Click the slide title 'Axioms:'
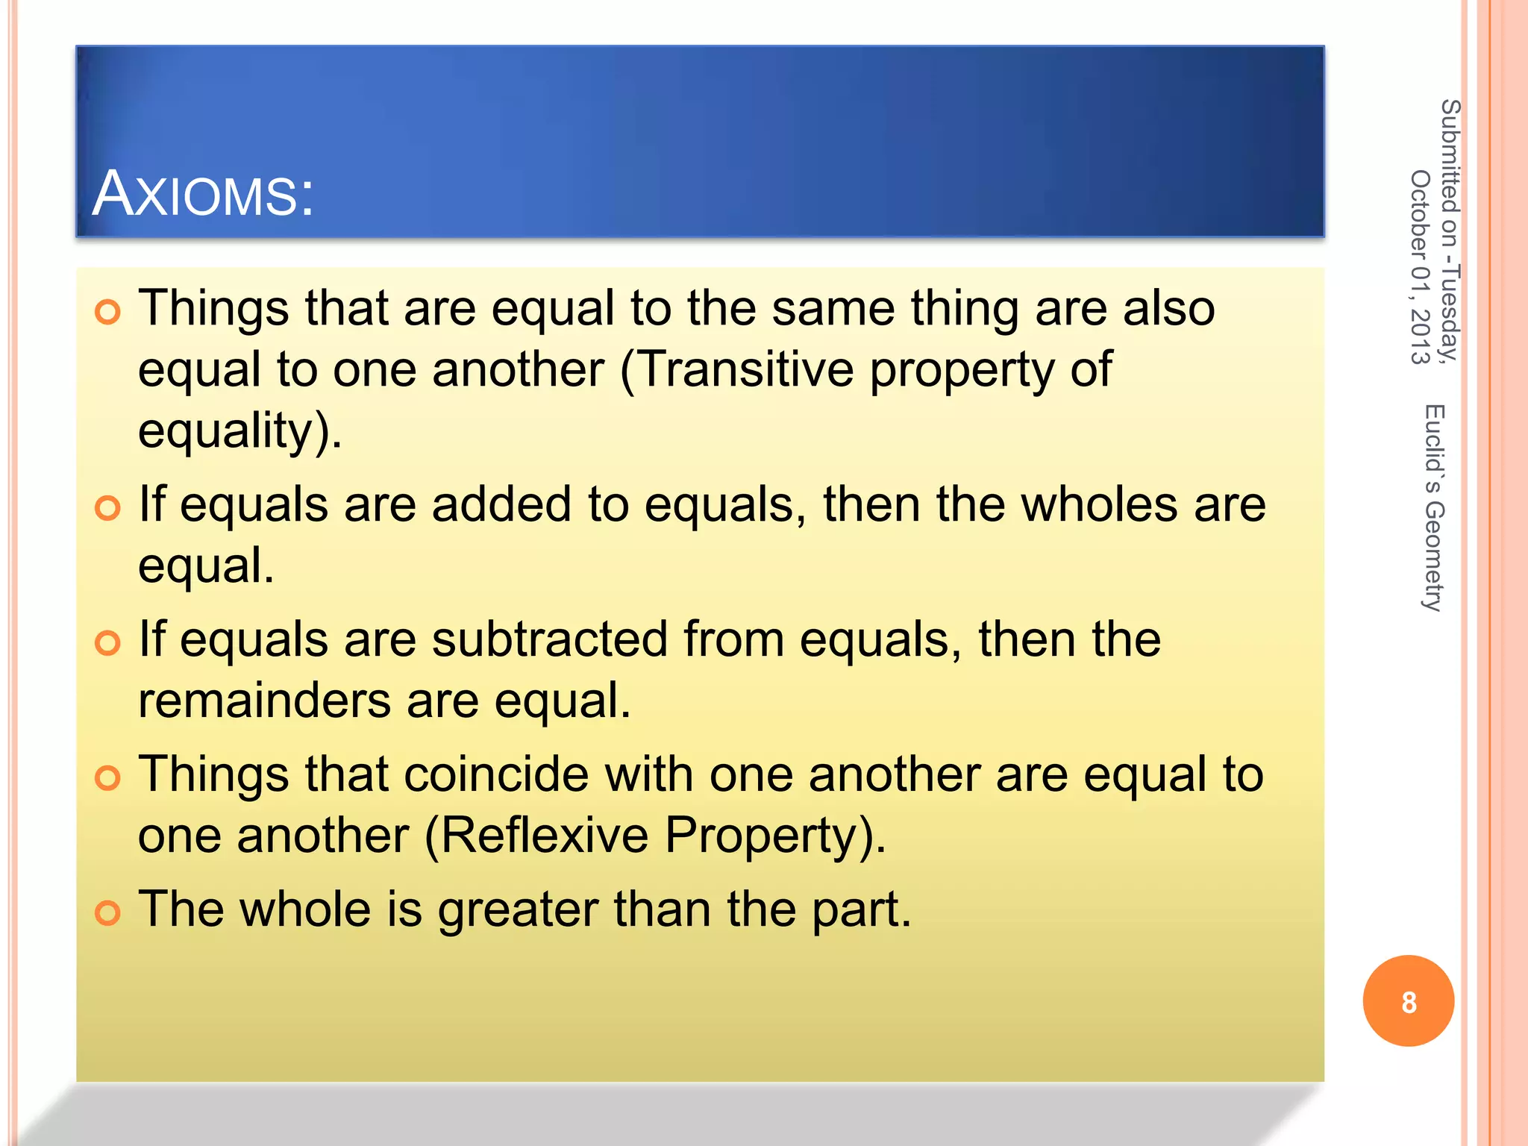coord(203,194)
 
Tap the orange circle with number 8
coord(1408,1001)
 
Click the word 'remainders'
coord(264,701)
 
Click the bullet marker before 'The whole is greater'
coord(108,912)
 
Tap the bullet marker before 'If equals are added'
coord(108,508)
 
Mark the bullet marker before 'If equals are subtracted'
coord(108,642)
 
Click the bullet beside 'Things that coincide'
coord(108,777)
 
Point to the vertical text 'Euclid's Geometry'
coord(1434,507)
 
